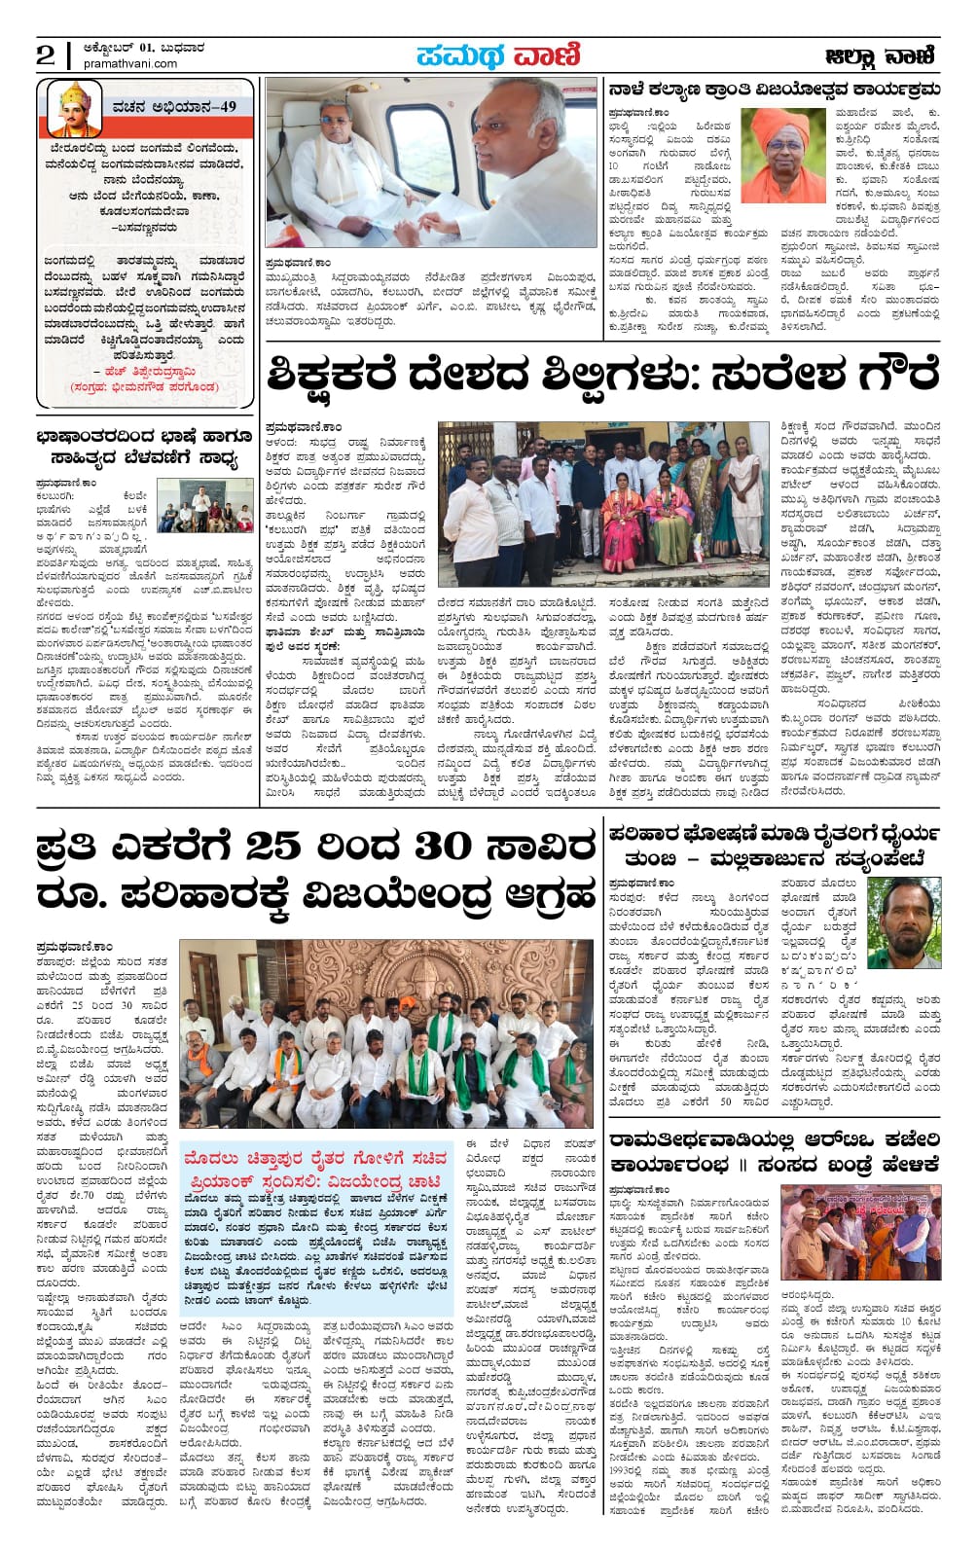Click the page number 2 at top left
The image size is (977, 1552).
point(45,54)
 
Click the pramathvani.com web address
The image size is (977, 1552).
point(130,64)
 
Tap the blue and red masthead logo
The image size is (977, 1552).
point(497,55)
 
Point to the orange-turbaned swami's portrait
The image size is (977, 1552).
point(782,155)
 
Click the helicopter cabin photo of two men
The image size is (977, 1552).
point(430,162)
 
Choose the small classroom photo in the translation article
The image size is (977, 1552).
point(204,505)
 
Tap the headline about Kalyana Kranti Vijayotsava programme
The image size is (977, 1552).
point(774,90)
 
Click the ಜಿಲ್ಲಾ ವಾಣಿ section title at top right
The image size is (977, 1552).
point(880,56)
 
